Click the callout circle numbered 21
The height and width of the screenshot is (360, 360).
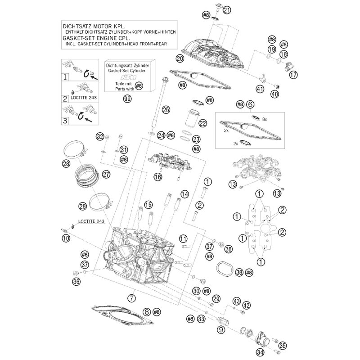pos(226,10)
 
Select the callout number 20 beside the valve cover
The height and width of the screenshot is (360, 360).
pos(180,58)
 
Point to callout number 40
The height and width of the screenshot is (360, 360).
pos(275,94)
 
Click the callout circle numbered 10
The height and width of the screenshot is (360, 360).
pos(66,238)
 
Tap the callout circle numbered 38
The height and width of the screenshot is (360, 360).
pos(239,272)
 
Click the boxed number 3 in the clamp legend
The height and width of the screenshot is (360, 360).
pos(66,121)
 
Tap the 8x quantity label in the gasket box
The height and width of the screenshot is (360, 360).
pos(265,119)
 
